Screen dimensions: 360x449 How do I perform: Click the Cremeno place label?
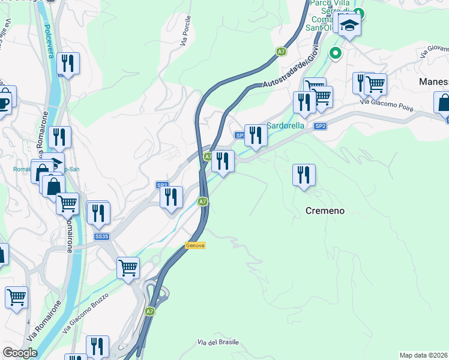click(x=325, y=211)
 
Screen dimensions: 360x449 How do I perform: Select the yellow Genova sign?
click(x=194, y=245)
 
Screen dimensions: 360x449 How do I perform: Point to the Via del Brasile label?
click(x=218, y=343)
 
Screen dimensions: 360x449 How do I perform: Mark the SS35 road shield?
click(x=101, y=237)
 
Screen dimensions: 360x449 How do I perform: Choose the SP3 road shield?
click(x=162, y=185)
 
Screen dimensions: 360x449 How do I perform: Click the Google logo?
click(x=20, y=353)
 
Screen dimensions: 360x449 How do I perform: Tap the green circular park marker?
click(x=336, y=53)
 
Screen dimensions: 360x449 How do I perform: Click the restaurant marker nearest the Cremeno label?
click(x=304, y=175)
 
